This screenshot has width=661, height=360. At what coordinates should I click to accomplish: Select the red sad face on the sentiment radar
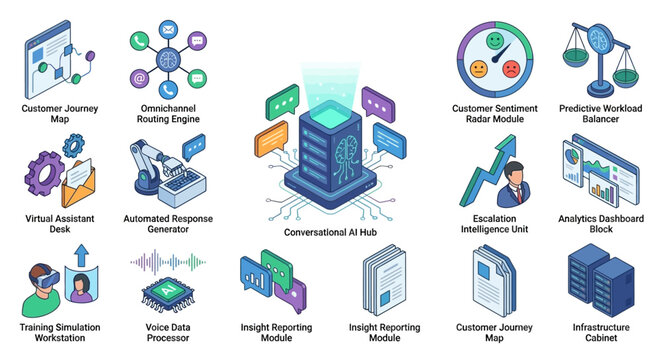pos(512,69)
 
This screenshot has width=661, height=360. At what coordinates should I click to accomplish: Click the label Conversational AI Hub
pos(329,232)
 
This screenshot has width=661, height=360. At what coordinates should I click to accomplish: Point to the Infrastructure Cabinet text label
pos(601,333)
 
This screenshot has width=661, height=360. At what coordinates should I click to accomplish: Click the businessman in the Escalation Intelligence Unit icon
pos(518,184)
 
